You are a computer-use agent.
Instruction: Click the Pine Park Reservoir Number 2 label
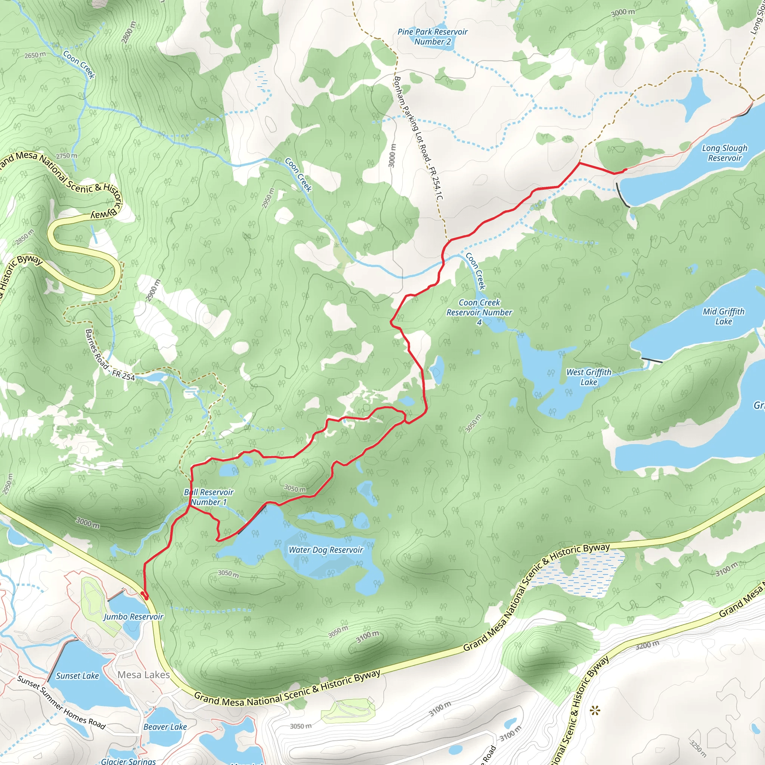[433, 37]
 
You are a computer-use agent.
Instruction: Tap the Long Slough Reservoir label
[725, 153]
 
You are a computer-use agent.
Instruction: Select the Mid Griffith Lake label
[724, 316]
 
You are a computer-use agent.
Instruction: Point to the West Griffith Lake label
[589, 377]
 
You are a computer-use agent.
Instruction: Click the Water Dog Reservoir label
[325, 549]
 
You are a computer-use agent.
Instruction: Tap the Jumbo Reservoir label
[133, 616]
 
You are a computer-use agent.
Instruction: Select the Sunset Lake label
[77, 676]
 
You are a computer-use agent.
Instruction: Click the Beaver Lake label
[165, 727]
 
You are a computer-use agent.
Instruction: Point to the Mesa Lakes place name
[144, 675]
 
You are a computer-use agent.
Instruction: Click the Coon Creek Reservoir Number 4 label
[479, 312]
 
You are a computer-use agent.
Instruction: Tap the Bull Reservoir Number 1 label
[209, 497]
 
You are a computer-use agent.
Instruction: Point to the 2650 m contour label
[35, 55]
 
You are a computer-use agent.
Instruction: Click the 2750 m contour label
[66, 156]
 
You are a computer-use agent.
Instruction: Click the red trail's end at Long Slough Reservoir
[625, 170]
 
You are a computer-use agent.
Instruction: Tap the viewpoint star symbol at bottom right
[595, 711]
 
